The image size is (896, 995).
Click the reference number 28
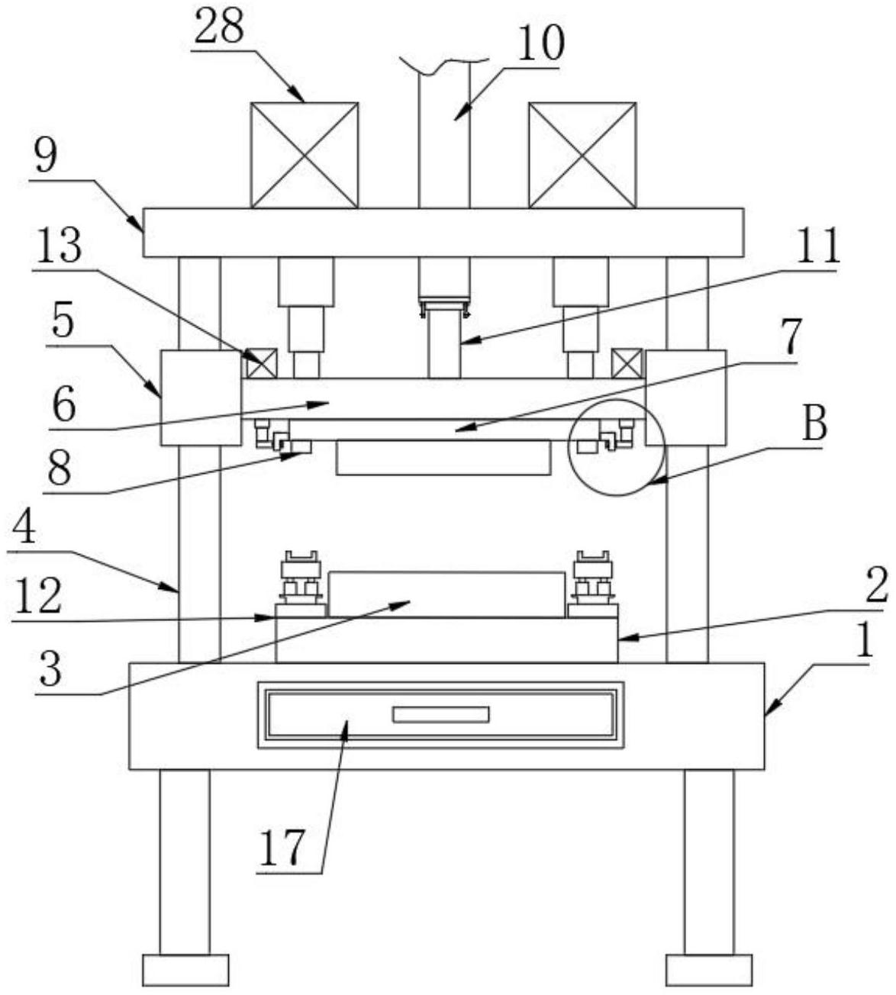click(219, 28)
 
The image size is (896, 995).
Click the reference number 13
click(56, 246)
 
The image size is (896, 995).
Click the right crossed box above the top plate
click(582, 155)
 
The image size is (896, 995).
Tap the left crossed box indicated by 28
click(305, 155)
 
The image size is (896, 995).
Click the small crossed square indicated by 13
click(262, 364)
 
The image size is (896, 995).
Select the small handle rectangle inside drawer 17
click(440, 714)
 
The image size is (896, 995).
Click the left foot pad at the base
click(185, 969)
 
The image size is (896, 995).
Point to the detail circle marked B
click(617, 447)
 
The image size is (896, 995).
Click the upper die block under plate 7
click(443, 457)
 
